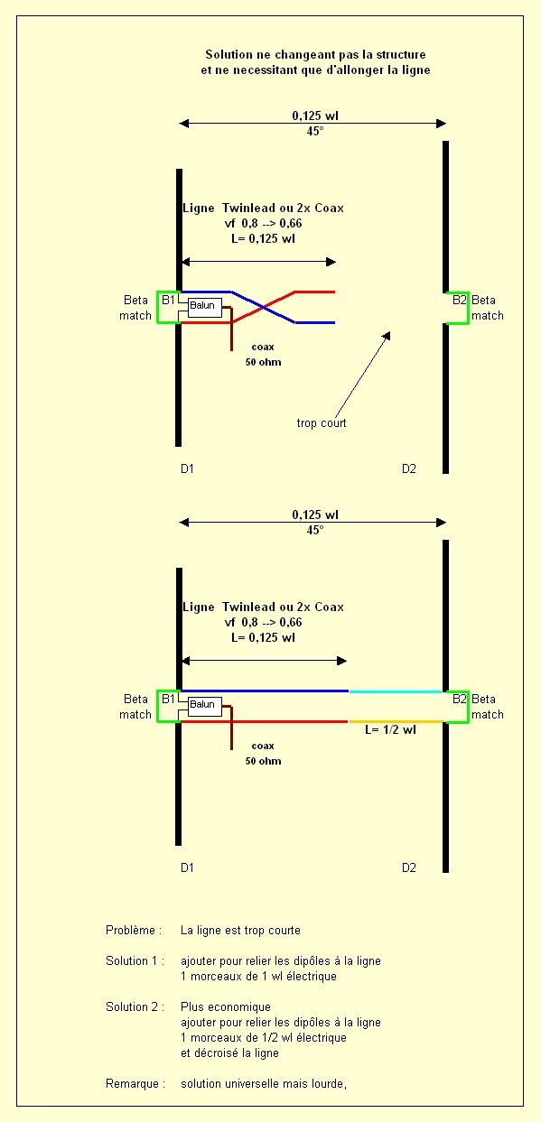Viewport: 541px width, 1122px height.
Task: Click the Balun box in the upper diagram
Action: tap(204, 307)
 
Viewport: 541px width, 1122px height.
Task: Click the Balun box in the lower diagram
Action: tap(204, 706)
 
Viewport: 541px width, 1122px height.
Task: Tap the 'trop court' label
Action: tap(322, 423)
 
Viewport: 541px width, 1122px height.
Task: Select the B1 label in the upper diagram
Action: tap(168, 300)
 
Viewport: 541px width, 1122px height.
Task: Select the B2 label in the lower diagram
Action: tap(460, 699)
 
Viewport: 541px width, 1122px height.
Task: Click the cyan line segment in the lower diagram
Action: tap(395, 691)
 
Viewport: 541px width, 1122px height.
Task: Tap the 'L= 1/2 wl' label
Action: tap(390, 730)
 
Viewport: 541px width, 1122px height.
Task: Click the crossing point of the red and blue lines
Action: tap(263, 308)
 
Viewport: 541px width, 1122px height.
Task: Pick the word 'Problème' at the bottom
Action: tap(130, 930)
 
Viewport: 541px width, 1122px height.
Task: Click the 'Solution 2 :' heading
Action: tap(135, 1006)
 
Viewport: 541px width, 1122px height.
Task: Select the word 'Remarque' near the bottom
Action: tap(132, 1083)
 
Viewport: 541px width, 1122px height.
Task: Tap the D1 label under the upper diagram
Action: tap(187, 468)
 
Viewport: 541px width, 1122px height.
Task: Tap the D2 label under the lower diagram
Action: tap(408, 868)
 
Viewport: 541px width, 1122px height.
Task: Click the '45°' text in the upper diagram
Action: tap(315, 131)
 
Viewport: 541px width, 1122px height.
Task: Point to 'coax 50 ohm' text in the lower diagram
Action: tap(263, 754)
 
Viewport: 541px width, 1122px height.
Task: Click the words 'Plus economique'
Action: tap(226, 1006)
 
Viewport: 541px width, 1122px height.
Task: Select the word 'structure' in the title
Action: tap(401, 54)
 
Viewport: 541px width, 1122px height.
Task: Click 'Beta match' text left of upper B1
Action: tap(135, 308)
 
